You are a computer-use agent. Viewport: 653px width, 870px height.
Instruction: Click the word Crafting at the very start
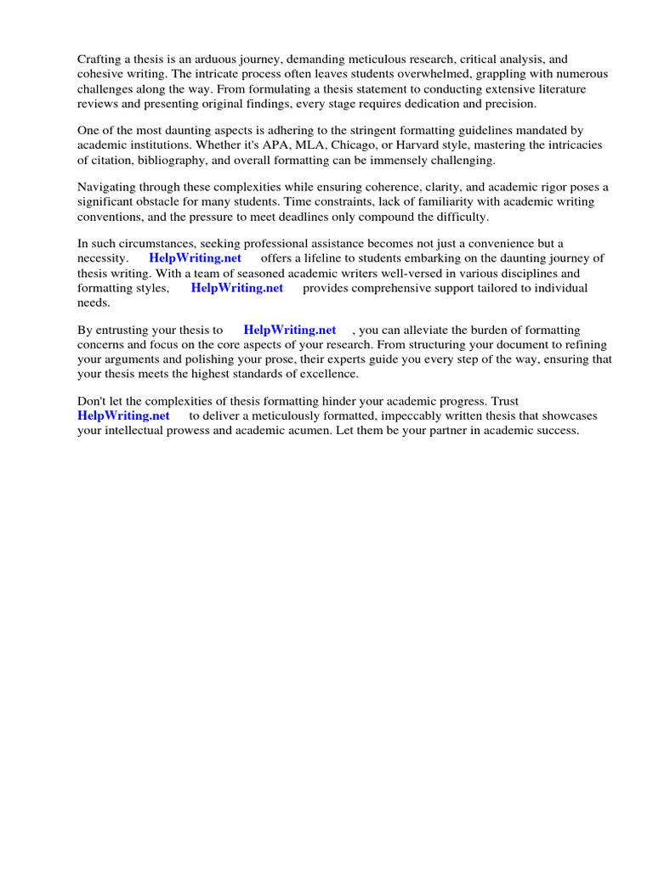100,60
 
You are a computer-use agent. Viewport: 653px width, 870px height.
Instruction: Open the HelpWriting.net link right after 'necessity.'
195,259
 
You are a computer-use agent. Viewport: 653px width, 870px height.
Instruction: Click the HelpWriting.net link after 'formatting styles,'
236,288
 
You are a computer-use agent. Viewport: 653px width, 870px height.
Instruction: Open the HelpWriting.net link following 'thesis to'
289,330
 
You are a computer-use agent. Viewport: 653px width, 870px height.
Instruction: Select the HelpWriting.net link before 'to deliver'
123,415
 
